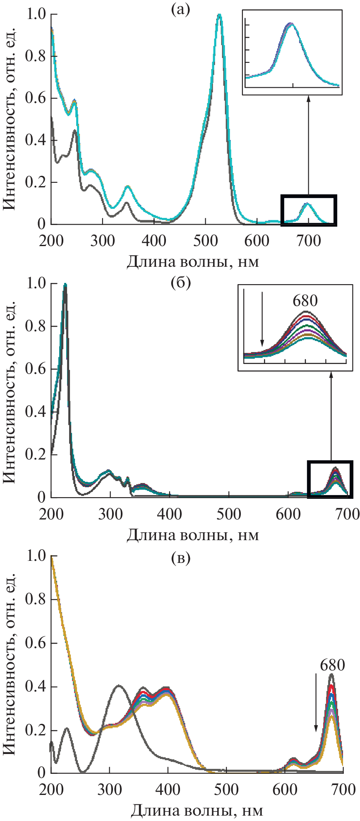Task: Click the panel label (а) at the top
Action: click(181, 9)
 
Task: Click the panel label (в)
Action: click(181, 558)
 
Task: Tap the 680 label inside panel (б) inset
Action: click(305, 301)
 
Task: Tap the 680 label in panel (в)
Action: click(332, 665)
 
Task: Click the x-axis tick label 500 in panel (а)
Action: click(205, 241)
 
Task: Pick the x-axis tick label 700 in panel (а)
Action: click(308, 241)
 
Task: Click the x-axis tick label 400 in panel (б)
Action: click(170, 514)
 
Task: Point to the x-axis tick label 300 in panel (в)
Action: click(110, 790)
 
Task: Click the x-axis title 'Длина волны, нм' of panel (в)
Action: click(197, 811)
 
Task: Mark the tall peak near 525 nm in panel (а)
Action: click(219, 16)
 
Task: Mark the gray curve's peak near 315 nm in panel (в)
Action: click(119, 686)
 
